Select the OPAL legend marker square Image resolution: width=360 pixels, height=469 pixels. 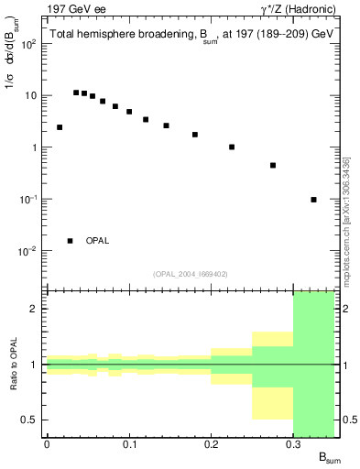70,241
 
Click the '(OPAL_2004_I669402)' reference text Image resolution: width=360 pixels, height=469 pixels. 190,273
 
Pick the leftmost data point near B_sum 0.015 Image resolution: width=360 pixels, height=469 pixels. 60,127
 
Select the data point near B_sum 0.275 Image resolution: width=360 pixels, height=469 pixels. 273,166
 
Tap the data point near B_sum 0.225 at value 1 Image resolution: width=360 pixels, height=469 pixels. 232,147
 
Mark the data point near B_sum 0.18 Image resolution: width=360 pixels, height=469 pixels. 195,135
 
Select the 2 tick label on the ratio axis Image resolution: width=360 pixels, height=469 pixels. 35,309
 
